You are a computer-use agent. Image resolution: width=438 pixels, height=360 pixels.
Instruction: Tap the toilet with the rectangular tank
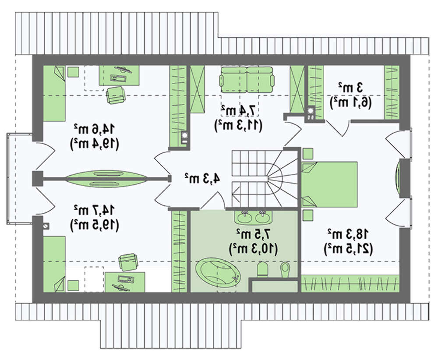click(263, 268)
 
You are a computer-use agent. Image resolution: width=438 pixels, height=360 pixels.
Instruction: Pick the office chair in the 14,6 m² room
click(115, 95)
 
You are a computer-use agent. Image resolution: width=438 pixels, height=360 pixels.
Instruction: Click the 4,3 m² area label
click(201, 178)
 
